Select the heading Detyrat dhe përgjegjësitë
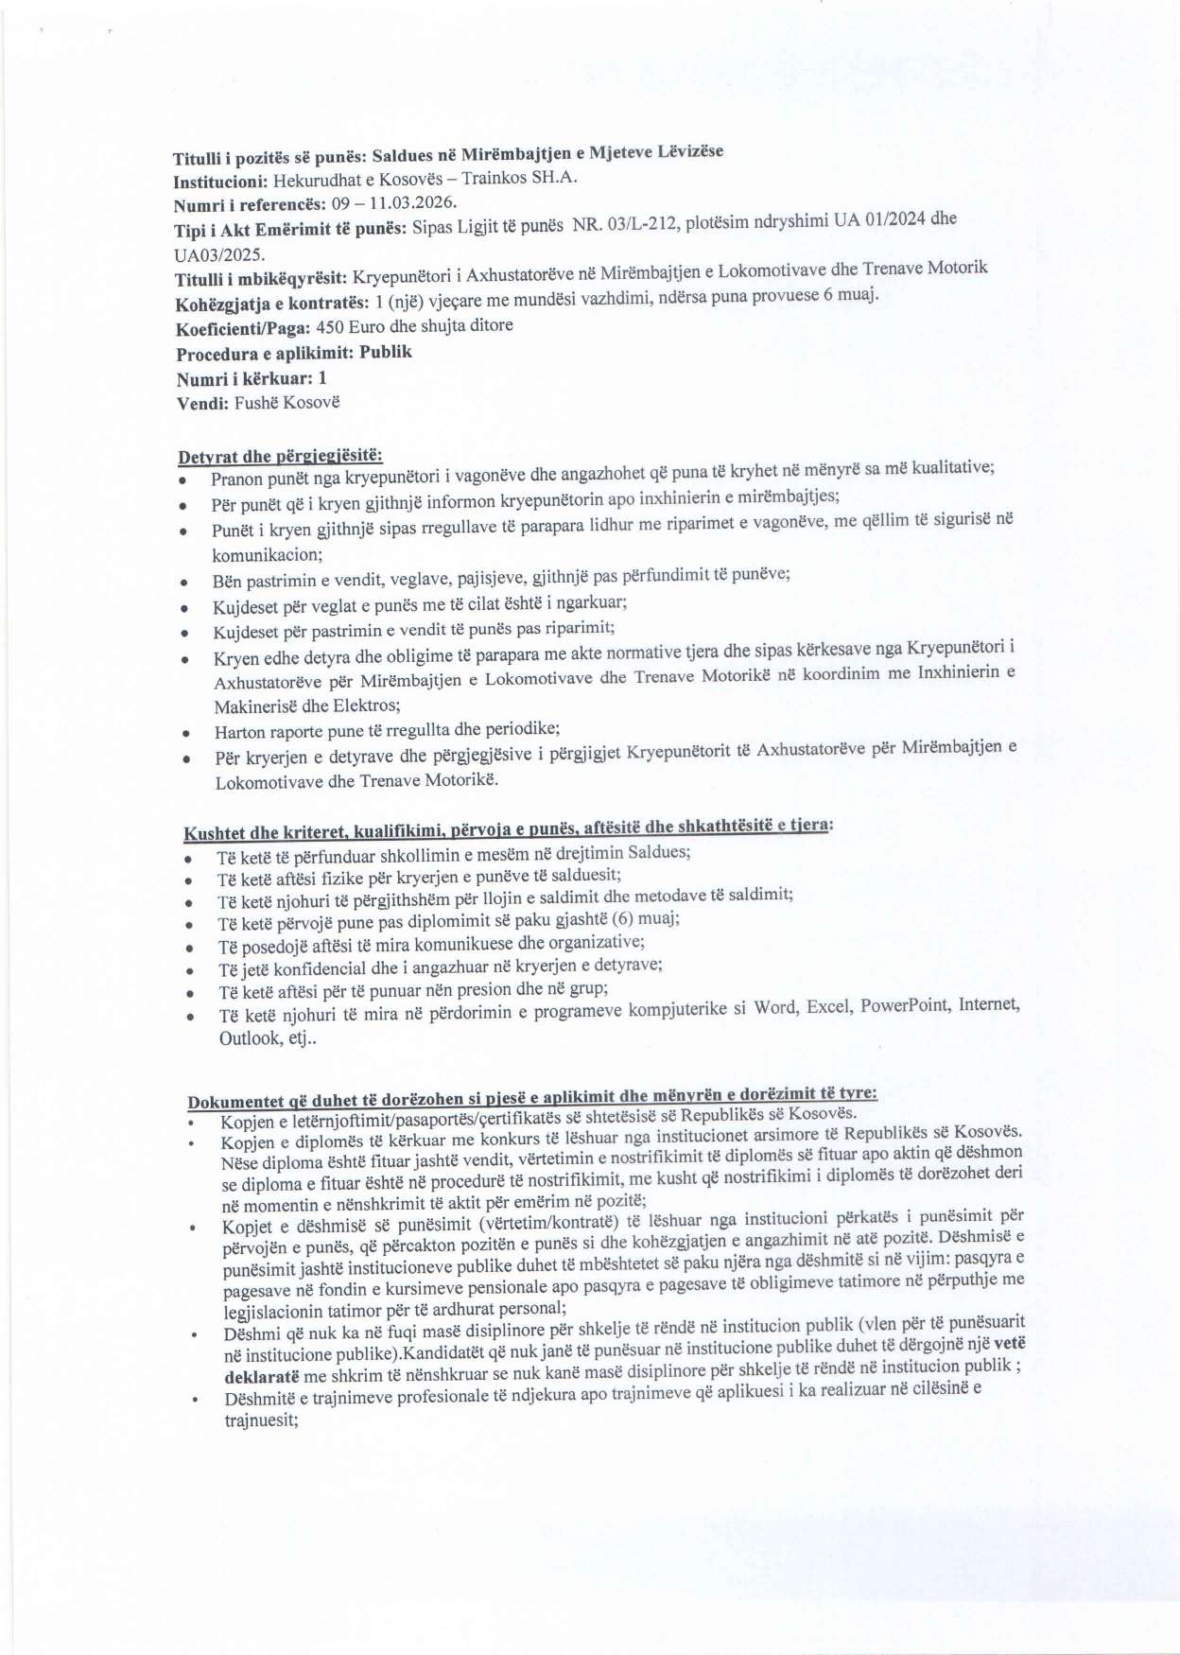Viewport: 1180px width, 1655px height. (x=280, y=457)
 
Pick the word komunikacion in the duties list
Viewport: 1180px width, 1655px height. (x=267, y=555)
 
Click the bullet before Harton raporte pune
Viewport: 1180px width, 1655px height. (x=188, y=733)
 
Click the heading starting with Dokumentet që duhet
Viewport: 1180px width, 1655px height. (x=531, y=1098)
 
